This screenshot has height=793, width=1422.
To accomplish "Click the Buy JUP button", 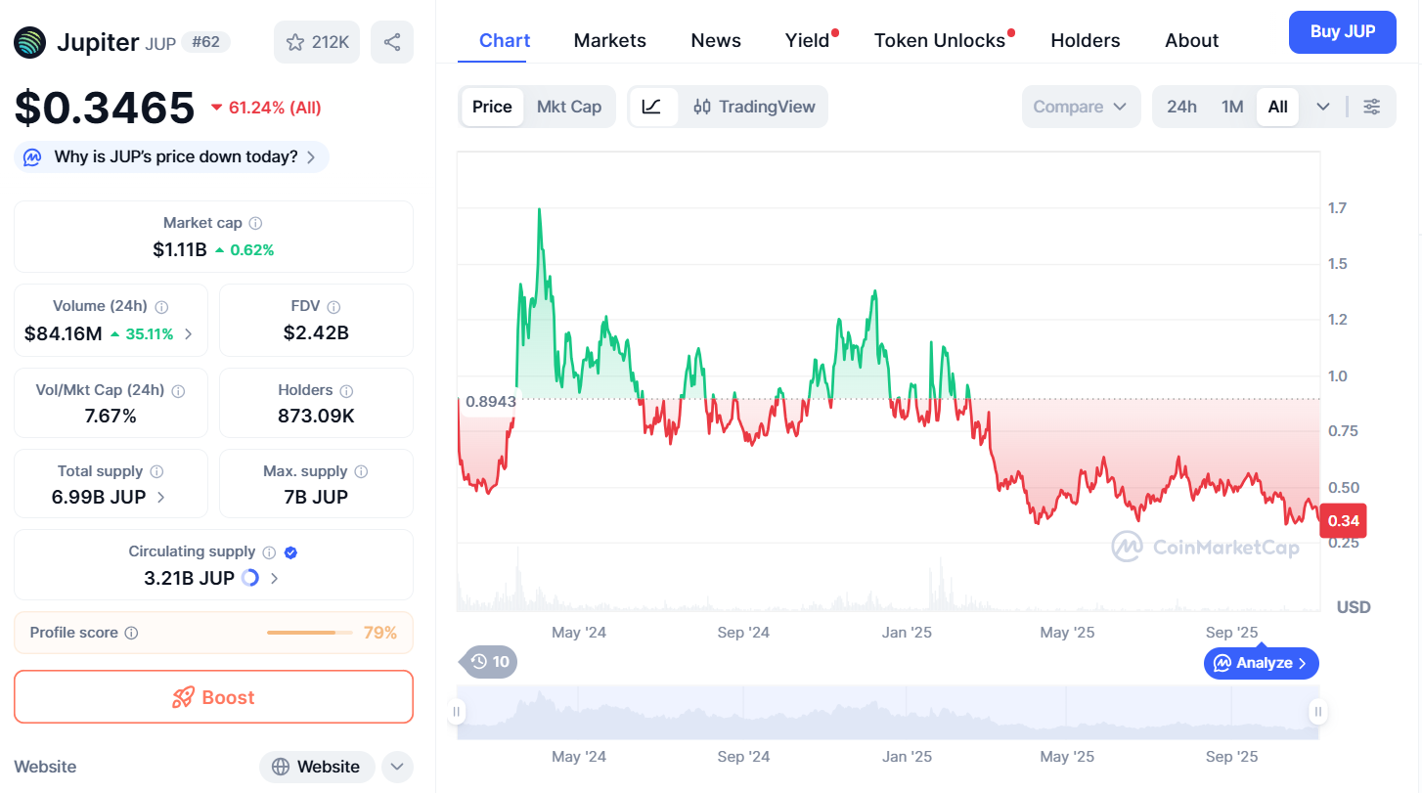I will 1342,32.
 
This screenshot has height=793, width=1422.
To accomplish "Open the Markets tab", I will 609,40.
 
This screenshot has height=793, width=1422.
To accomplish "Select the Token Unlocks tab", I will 940,40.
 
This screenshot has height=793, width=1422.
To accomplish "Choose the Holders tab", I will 1085,40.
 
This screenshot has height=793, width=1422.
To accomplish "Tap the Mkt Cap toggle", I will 569,107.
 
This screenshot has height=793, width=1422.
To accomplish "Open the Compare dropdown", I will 1081,107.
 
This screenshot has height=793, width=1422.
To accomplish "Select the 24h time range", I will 1181,107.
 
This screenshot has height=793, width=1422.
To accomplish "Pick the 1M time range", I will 1232,107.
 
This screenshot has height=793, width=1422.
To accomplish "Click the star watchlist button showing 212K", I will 317,42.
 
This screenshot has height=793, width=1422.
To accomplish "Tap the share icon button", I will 392,42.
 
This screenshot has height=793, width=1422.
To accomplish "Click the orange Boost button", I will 213,697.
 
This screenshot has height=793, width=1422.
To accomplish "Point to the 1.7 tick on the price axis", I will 1337,207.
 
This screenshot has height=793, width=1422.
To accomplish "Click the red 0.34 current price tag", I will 1343,521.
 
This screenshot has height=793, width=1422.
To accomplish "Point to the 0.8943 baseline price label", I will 491,401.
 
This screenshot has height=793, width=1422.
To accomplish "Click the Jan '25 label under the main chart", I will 907,633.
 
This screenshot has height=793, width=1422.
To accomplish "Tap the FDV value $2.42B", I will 316,332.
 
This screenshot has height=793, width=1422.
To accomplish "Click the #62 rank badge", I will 205,42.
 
